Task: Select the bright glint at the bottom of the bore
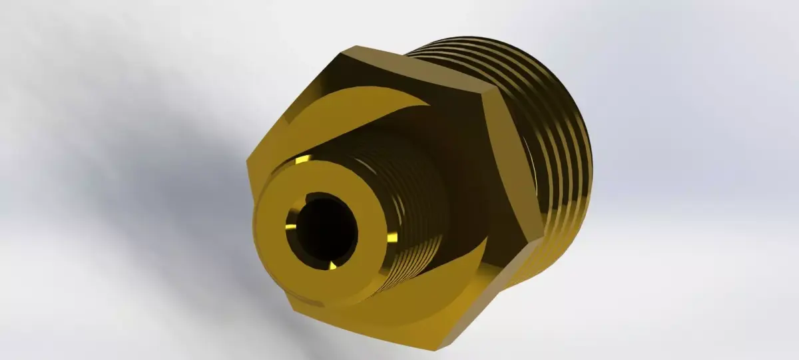click(333, 266)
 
